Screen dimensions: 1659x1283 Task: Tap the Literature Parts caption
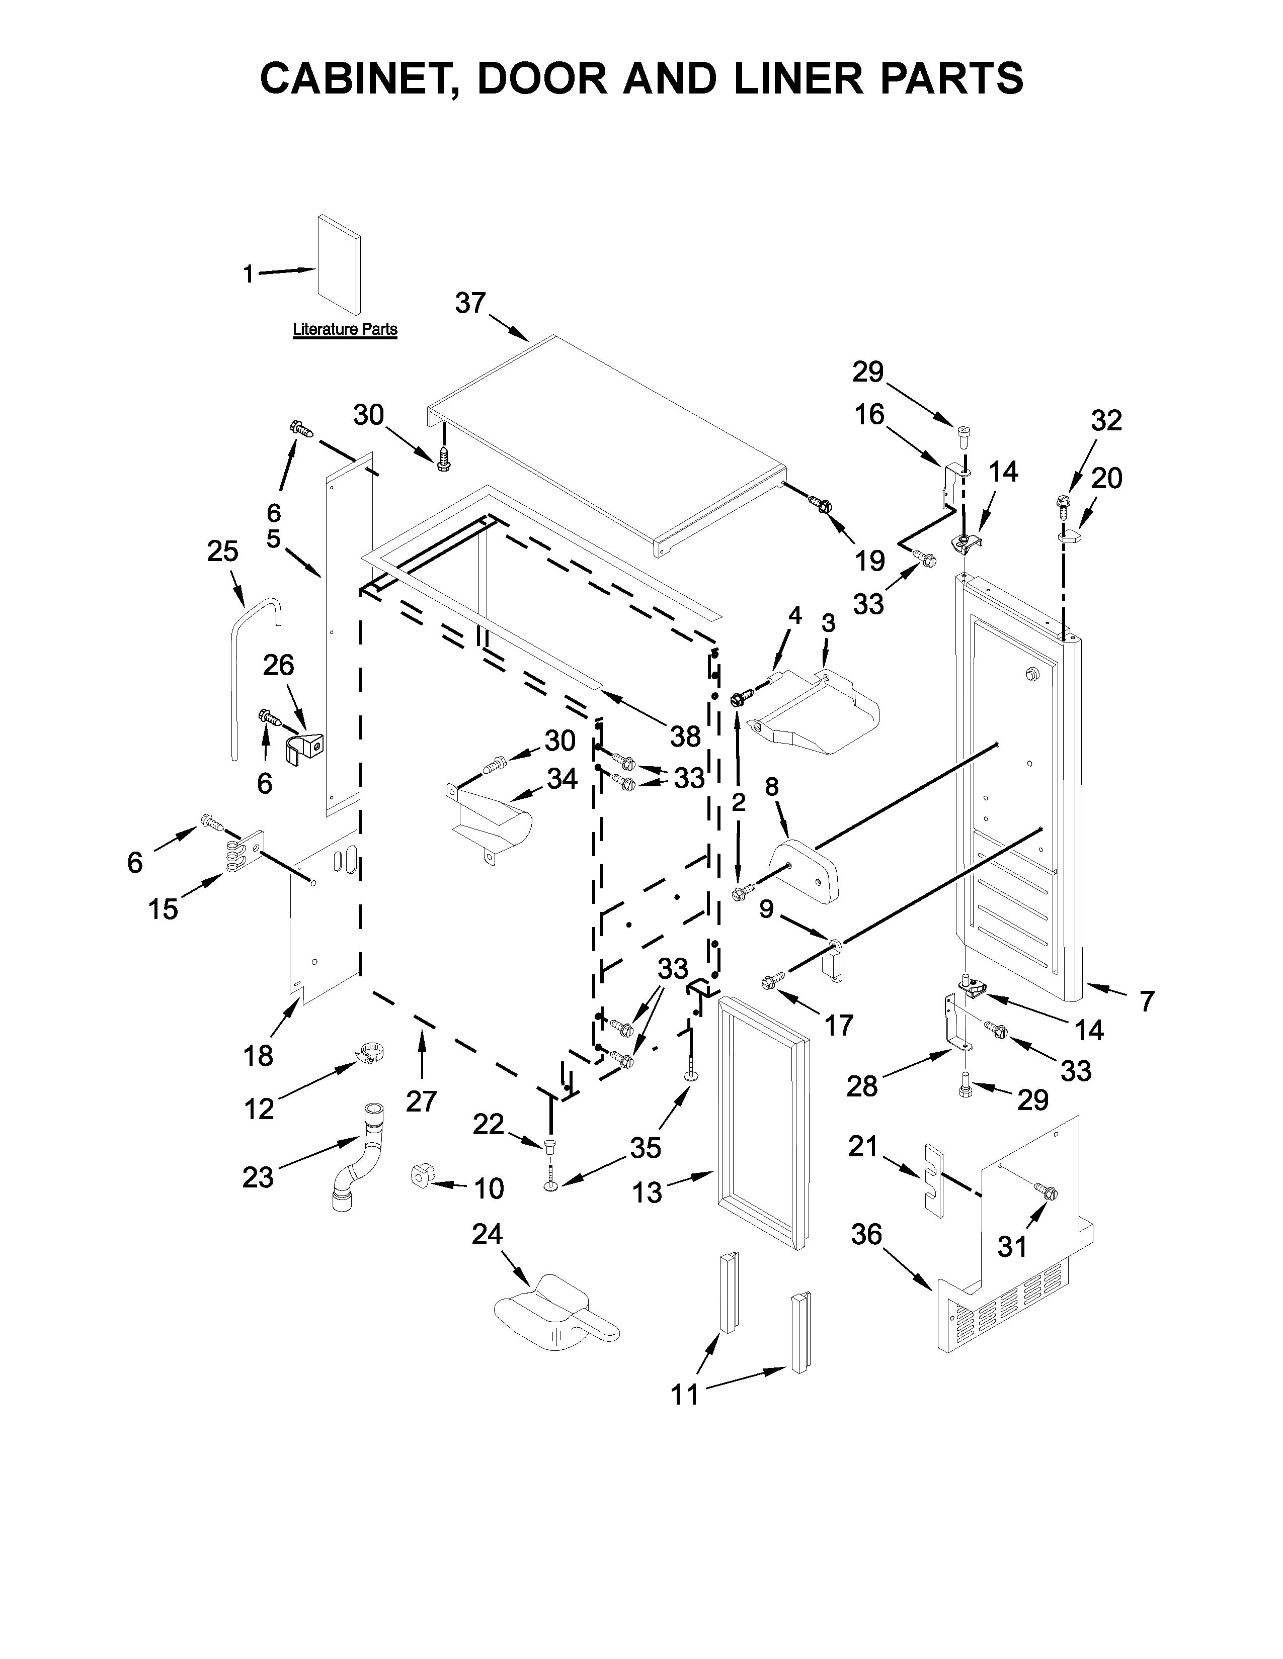pyautogui.click(x=345, y=330)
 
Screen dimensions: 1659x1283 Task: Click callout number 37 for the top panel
pyautogui.click(x=470, y=303)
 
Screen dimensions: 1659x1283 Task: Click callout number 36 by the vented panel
pyautogui.click(x=866, y=1235)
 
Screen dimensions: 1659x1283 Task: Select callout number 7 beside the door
pyautogui.click(x=1146, y=1001)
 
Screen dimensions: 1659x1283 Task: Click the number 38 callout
pyautogui.click(x=685, y=735)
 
